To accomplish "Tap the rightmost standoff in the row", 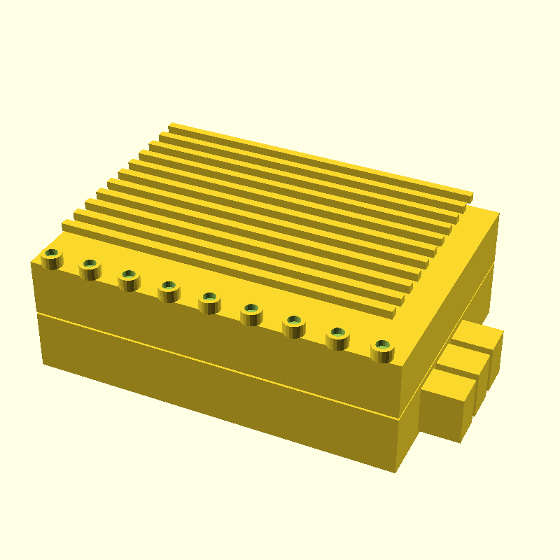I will (381, 350).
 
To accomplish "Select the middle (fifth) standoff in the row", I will (209, 302).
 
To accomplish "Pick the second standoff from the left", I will (90, 268).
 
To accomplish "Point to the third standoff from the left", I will (129, 279).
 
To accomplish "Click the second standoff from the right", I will (338, 337).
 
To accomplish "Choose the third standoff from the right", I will (294, 325).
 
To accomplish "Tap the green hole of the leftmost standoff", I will (52, 253).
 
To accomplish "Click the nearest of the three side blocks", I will (444, 409).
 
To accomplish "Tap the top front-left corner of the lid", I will (32, 262).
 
